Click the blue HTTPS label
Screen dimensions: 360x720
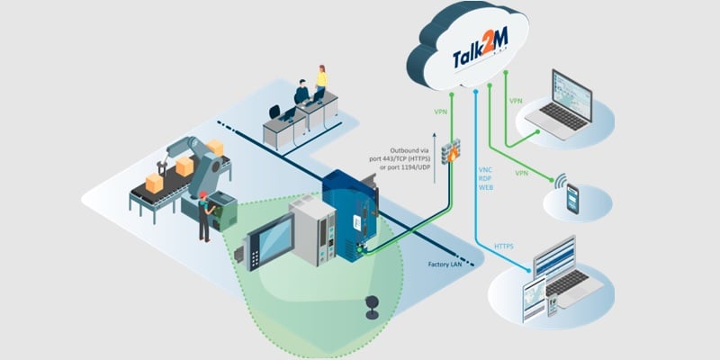[505, 245]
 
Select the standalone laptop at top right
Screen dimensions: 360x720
[560, 108]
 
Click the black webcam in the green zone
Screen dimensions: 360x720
[370, 307]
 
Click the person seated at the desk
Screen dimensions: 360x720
[301, 94]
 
